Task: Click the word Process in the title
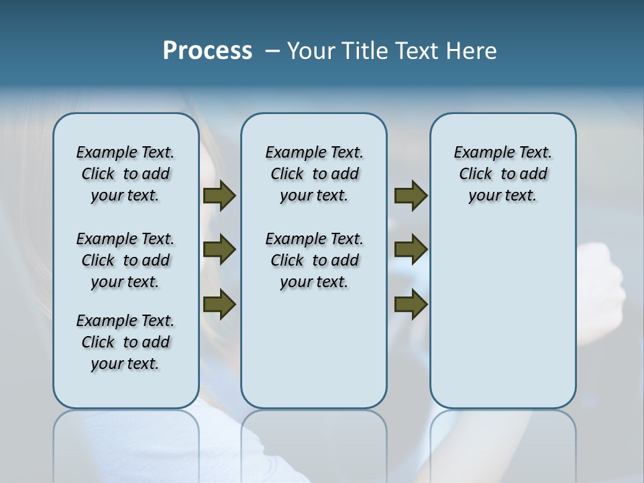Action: (x=207, y=51)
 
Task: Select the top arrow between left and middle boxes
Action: (x=219, y=196)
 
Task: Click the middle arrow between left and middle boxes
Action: (x=219, y=250)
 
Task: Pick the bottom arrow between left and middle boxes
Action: (x=219, y=304)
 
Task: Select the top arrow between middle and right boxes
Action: (x=411, y=196)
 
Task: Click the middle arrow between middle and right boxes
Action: (x=411, y=250)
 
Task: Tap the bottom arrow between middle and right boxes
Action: (x=411, y=304)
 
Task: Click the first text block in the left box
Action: (x=125, y=174)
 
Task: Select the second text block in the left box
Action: (x=125, y=260)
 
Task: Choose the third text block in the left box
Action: (x=125, y=342)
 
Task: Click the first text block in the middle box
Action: (x=314, y=174)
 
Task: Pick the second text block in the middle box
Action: (x=314, y=260)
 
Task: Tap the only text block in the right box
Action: (x=502, y=174)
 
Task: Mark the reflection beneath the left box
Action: (x=126, y=436)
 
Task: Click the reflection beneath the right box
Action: (x=502, y=436)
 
